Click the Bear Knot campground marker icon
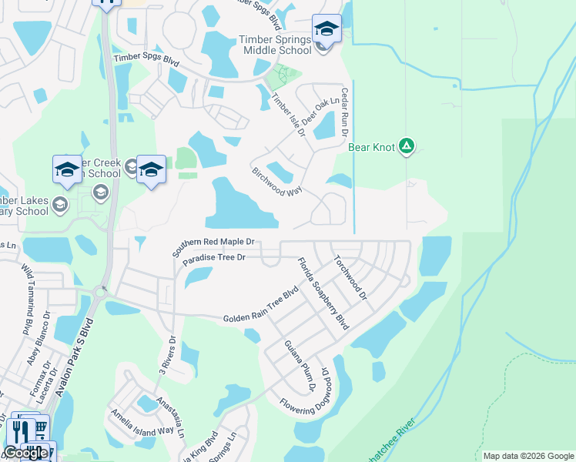(407, 146)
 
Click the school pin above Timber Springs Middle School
(327, 30)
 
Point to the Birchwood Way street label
(276, 182)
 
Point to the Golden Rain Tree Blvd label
(260, 306)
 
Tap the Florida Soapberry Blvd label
(323, 293)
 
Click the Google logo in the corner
(25, 453)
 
